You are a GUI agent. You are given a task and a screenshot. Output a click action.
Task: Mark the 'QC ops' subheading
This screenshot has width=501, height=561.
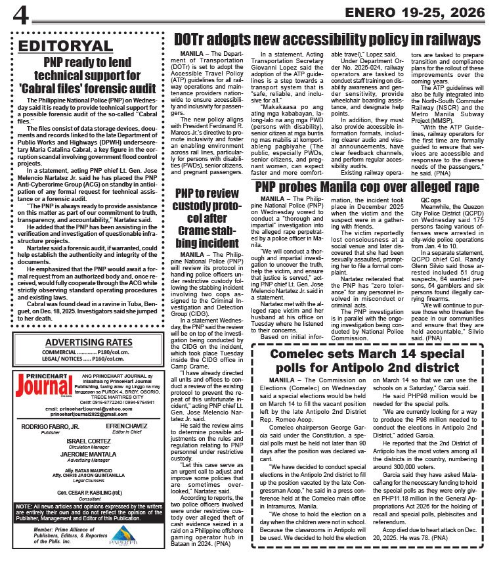pos(431,199)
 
